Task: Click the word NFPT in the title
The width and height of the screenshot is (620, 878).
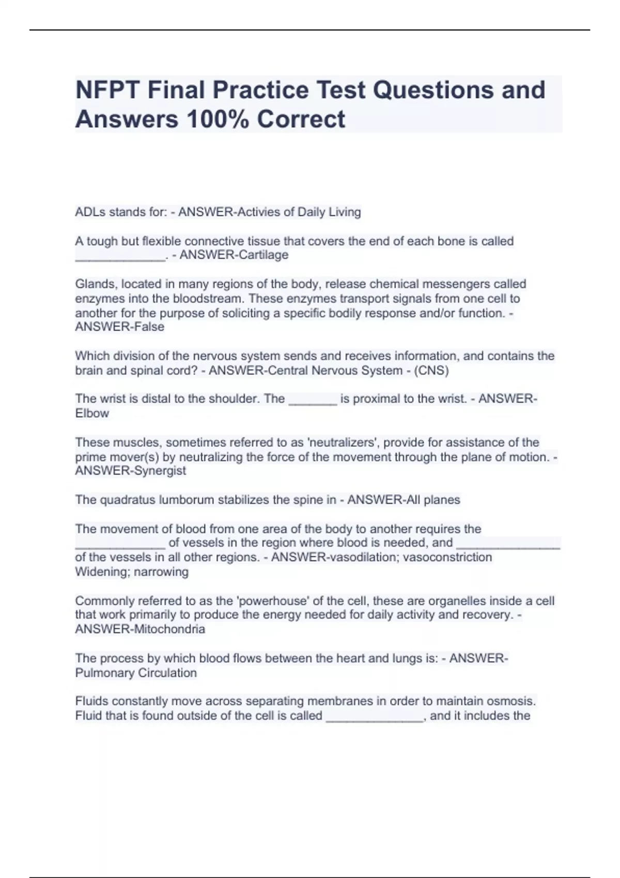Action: coord(108,90)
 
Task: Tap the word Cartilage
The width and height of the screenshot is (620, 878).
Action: coord(262,255)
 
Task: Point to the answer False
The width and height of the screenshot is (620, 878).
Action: coord(149,327)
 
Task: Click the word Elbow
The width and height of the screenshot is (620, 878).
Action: coord(92,414)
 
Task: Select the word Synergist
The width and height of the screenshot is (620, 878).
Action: coord(160,471)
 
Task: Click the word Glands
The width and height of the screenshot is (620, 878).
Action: coord(96,284)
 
